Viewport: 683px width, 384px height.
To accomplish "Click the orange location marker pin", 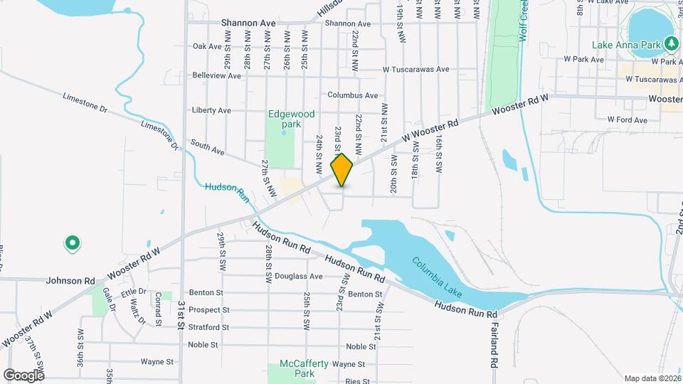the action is (342, 170).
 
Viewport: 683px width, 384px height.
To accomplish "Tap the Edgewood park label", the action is (292, 119).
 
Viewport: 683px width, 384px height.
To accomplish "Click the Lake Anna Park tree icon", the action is (670, 44).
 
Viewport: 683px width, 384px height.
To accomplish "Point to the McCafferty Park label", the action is (304, 368).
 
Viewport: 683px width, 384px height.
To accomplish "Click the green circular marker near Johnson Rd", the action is (72, 244).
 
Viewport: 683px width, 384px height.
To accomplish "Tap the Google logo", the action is (23, 375).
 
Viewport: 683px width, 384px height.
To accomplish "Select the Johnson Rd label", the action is (70, 281).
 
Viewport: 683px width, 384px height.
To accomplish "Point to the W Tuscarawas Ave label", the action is (415, 70).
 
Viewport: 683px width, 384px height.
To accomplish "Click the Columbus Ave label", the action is (352, 95).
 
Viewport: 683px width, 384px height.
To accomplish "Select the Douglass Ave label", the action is (299, 276).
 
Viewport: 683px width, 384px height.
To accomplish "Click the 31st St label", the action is (182, 314).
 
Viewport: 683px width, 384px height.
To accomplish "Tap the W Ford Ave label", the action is (628, 120).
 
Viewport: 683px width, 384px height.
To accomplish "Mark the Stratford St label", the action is (209, 328).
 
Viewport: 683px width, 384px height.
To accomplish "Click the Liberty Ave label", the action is (211, 110).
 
